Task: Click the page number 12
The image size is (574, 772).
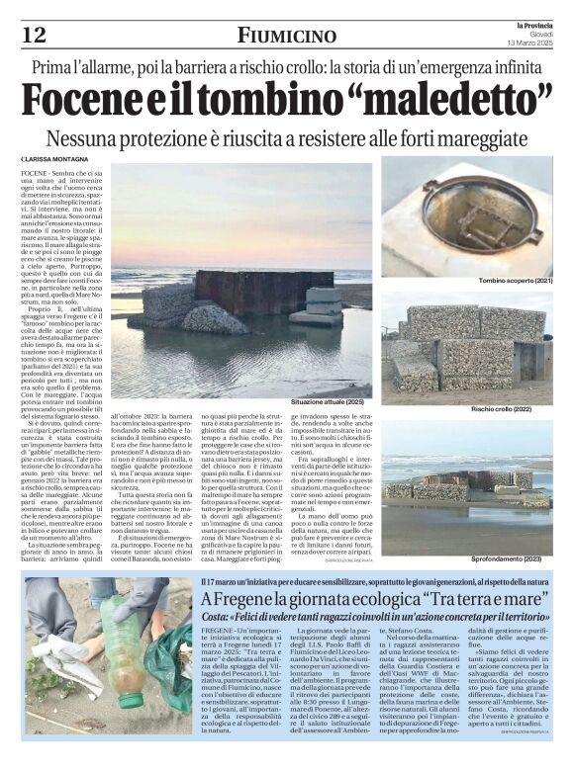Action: click(x=34, y=35)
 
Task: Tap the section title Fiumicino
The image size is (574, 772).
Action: click(x=286, y=36)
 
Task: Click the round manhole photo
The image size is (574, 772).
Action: click(x=455, y=219)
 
